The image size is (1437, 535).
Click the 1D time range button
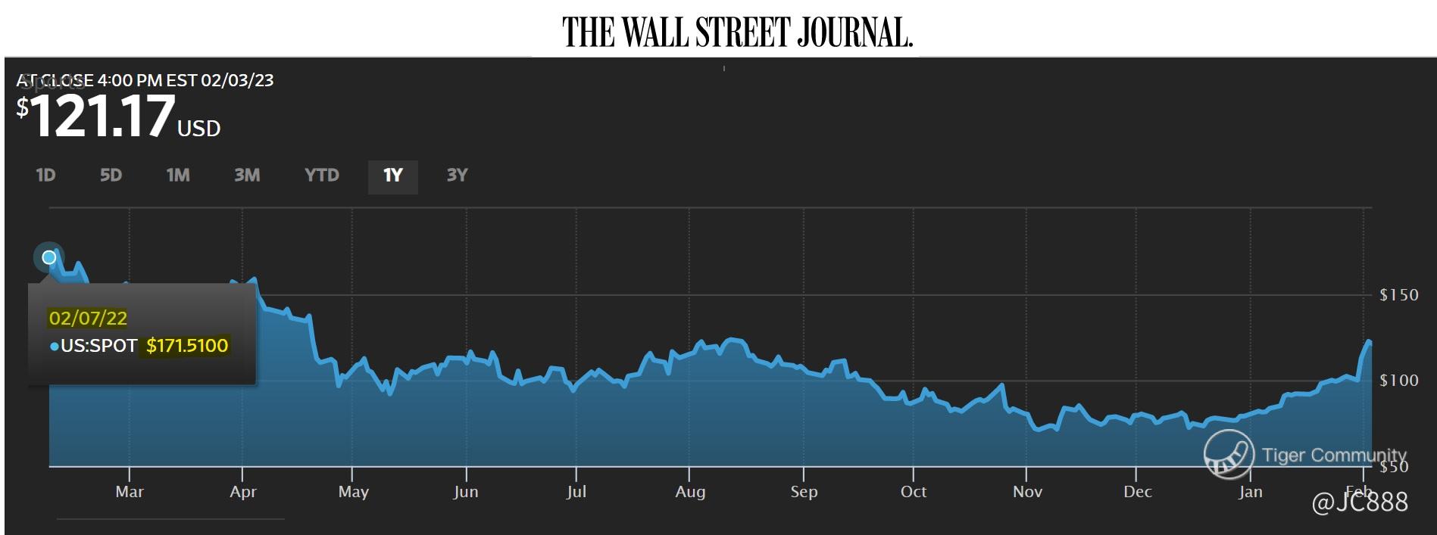click(45, 176)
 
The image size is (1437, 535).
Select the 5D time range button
click(111, 176)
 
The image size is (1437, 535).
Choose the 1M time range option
click(178, 176)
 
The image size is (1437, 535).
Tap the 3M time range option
click(247, 176)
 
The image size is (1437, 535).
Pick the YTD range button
click(322, 176)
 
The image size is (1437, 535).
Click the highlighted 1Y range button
click(392, 176)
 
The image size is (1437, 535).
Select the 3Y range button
click(457, 176)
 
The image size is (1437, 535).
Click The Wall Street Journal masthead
click(737, 32)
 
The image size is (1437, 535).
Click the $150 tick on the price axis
click(1398, 295)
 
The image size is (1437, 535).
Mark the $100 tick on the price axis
click(1398, 381)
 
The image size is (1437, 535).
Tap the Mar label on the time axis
click(130, 492)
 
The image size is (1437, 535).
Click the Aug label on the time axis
click(690, 492)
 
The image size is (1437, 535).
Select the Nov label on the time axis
click(1027, 492)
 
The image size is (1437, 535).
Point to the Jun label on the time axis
click(466, 492)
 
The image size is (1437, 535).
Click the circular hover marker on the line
click(49, 257)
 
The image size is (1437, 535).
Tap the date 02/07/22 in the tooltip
click(88, 318)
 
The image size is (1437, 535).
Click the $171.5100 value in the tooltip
click(187, 346)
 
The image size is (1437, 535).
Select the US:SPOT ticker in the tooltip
click(98, 346)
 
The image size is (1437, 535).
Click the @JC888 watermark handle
click(1359, 502)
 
